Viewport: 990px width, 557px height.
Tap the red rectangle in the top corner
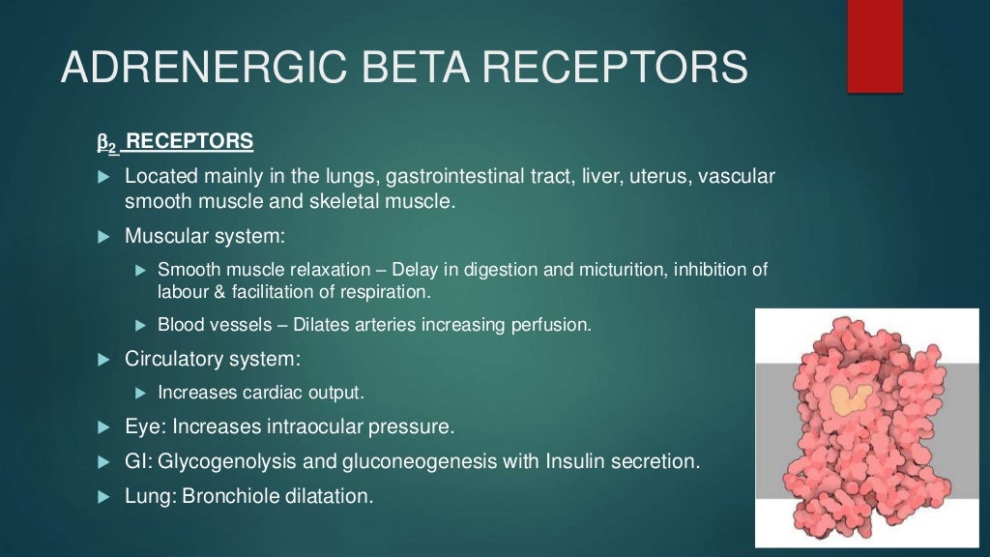[x=875, y=46]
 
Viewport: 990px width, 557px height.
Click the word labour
[x=181, y=290]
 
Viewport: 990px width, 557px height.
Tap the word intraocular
[x=312, y=425]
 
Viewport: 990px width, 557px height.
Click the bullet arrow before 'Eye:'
[x=105, y=426]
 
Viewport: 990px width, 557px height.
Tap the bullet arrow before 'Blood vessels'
[x=139, y=325]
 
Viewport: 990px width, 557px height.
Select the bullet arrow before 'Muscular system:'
[x=105, y=236]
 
